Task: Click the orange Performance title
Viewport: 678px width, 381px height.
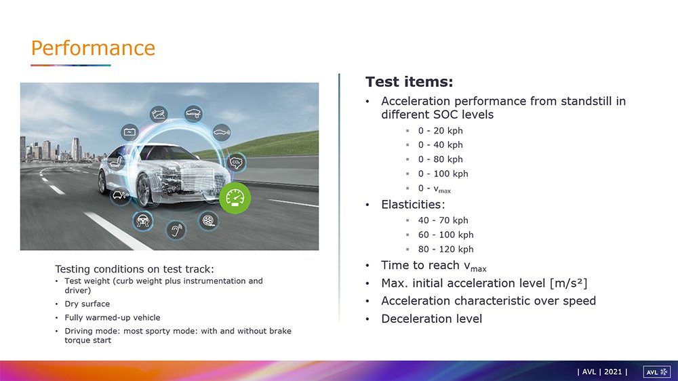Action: pos(93,48)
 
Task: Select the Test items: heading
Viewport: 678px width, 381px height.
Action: pos(409,82)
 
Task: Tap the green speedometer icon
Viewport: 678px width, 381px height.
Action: pos(235,198)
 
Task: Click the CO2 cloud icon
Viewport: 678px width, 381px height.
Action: pos(236,163)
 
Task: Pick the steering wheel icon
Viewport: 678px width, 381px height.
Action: pos(142,220)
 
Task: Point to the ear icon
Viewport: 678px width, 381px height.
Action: pos(176,230)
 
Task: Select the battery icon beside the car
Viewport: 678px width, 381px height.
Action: pos(129,132)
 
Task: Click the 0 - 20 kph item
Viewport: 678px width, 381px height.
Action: pos(440,131)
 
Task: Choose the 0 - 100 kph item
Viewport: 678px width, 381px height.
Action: pos(443,174)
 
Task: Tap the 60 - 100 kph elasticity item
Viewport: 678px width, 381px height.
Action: pos(445,235)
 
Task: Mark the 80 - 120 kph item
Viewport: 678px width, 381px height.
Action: pos(445,249)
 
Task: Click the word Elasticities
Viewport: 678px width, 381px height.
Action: pos(413,204)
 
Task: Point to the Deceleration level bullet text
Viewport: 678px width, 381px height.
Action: pos(431,319)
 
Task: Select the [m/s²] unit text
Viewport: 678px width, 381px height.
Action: pos(568,283)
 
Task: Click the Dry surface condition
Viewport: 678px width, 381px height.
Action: pos(87,304)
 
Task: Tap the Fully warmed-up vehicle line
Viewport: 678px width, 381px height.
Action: pos(113,317)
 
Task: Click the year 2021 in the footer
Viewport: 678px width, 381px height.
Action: pos(613,372)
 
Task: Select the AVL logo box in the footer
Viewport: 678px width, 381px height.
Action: pos(657,372)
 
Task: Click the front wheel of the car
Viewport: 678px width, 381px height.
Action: pos(144,190)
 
